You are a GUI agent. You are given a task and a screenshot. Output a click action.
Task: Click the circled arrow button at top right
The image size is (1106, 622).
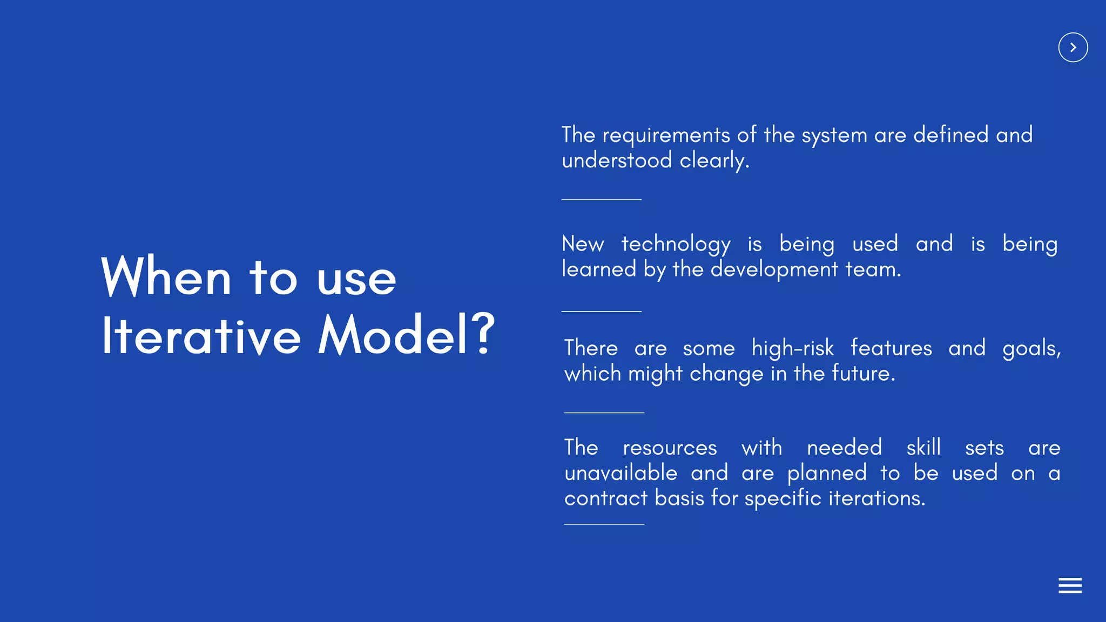[1073, 48]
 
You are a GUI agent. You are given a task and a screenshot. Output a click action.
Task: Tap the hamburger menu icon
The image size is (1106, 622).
[1070, 585]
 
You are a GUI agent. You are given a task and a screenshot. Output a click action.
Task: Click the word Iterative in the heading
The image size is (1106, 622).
[201, 335]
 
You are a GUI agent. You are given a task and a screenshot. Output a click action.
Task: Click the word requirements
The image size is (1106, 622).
[666, 136]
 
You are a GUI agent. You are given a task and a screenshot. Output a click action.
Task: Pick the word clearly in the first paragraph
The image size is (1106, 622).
[714, 161]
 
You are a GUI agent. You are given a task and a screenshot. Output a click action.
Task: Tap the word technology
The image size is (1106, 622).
[676, 244]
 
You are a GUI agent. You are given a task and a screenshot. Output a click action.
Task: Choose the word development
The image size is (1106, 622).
[774, 269]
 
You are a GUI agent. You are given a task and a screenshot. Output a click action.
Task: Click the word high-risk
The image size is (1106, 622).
[793, 348]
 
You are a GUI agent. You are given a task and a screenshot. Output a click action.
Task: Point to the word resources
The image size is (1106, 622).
[670, 448]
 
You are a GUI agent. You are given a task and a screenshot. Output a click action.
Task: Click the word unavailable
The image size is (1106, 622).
[621, 474]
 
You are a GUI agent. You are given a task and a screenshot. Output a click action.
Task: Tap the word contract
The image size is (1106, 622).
[605, 498]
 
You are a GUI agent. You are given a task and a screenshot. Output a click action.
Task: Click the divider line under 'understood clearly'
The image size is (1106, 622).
[601, 200]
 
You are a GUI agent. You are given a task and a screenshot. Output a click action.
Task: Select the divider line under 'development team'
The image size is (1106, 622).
[601, 312]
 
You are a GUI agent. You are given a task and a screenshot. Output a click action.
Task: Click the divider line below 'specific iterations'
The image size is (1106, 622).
[604, 524]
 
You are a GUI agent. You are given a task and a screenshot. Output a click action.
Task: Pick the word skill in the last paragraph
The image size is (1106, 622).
[923, 448]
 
